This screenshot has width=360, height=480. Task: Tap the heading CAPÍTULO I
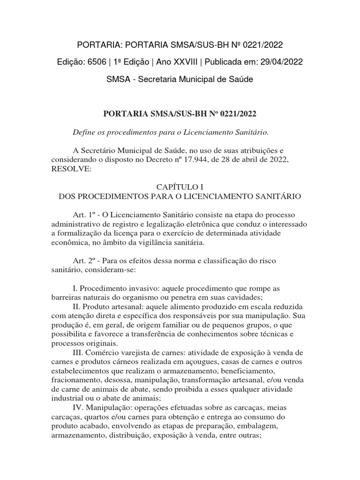pyautogui.click(x=180, y=186)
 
